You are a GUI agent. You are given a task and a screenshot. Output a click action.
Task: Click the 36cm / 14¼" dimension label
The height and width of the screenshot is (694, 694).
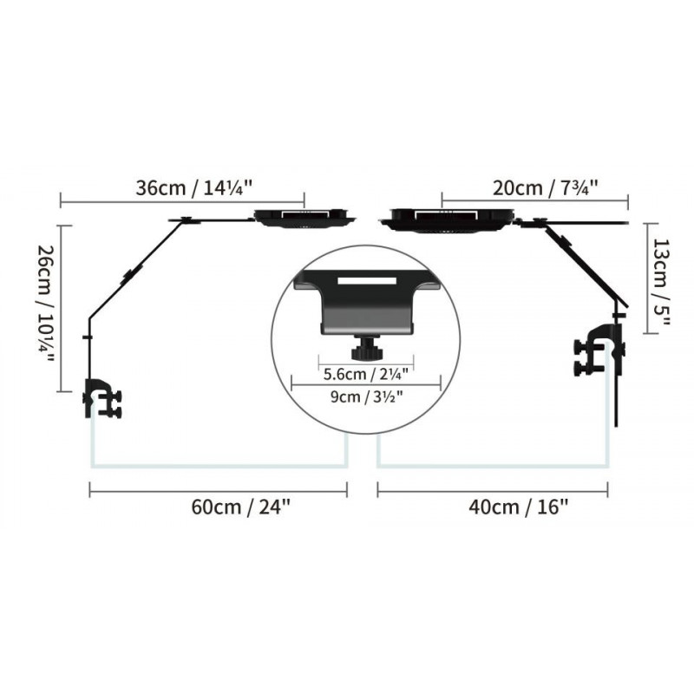pos(193,188)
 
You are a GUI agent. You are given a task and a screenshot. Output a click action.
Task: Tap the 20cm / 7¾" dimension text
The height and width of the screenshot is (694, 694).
pos(546,188)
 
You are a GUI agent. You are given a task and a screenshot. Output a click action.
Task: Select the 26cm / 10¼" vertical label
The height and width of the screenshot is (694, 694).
pos(45,304)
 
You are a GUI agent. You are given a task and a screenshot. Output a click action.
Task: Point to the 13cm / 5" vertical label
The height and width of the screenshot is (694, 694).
pos(661,283)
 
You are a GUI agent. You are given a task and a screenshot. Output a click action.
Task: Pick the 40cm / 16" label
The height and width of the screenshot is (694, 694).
pos(518,507)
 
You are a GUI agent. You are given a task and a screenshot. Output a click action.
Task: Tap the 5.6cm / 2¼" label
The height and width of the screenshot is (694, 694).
pos(365,375)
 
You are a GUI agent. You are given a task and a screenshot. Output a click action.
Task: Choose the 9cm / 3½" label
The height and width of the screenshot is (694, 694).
pos(367,396)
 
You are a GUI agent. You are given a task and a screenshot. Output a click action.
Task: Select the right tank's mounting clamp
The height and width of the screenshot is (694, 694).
pos(599,350)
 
